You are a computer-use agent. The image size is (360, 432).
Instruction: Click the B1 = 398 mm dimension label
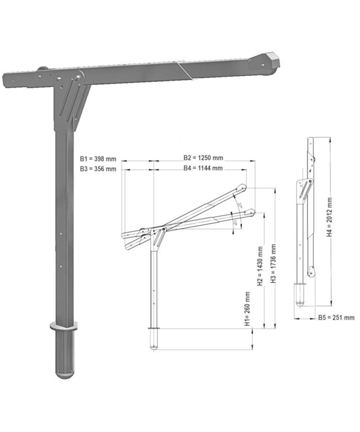pyautogui.click(x=98, y=158)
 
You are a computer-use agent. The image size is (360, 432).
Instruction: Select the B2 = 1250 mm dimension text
pyautogui.click(x=203, y=158)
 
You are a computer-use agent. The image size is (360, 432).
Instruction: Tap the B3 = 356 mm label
pyautogui.click(x=98, y=168)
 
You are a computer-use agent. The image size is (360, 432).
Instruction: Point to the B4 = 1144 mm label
pyautogui.click(x=203, y=168)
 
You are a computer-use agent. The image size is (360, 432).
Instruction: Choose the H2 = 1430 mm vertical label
pyautogui.click(x=260, y=266)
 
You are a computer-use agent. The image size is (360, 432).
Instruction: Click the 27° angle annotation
pyautogui.click(x=239, y=205)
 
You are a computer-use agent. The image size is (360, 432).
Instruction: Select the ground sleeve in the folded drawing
pyautogui.click(x=300, y=294)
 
